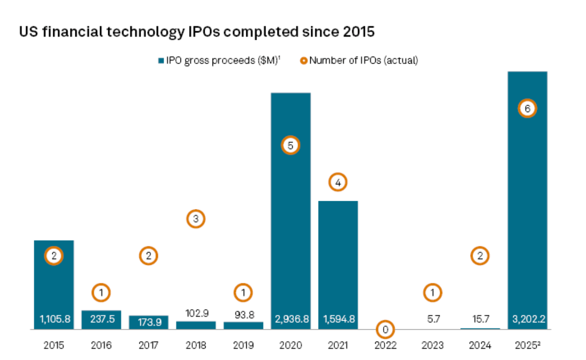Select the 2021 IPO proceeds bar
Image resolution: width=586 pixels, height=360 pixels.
tap(338, 260)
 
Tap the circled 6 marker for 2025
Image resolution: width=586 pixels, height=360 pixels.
tap(527, 109)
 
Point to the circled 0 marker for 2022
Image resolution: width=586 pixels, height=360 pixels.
tap(385, 330)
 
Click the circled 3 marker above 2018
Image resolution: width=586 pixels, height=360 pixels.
tap(196, 219)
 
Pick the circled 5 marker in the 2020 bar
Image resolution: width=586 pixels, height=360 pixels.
tap(290, 146)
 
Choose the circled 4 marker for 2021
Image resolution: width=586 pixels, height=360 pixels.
tap(338, 183)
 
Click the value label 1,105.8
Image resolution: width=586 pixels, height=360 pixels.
tap(54, 319)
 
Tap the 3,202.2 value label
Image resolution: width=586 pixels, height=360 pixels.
tap(527, 319)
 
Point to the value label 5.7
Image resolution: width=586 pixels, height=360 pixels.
tap(432, 319)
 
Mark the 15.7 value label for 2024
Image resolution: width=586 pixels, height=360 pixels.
tap(480, 319)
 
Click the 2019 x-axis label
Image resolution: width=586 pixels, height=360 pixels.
tap(243, 345)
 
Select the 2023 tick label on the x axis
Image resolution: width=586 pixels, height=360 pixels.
tap(432, 345)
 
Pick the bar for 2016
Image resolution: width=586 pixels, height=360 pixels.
tap(101, 320)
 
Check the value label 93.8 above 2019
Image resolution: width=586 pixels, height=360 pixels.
tap(243, 315)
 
